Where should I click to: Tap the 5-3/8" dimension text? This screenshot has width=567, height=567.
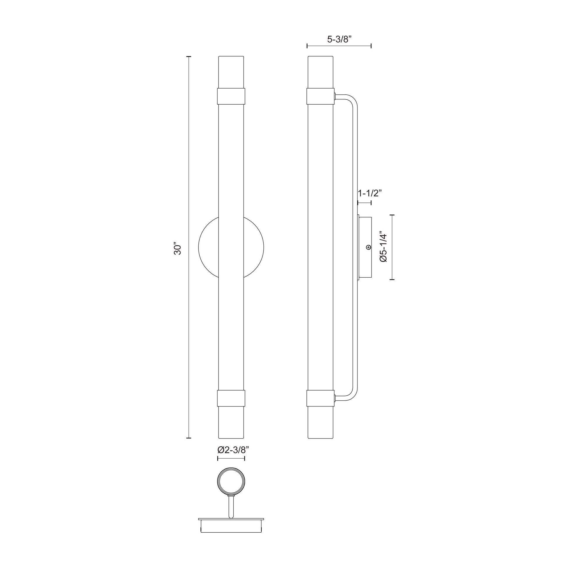click(x=339, y=39)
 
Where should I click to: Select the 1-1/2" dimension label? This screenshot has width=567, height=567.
click(x=369, y=193)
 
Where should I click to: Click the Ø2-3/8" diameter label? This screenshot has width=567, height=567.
click(x=231, y=458)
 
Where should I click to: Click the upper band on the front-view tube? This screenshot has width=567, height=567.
click(x=231, y=96)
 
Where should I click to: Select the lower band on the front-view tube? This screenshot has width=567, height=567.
click(x=231, y=398)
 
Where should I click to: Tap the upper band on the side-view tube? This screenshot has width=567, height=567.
click(x=320, y=96)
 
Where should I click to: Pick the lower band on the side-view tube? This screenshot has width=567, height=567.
click(x=320, y=398)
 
